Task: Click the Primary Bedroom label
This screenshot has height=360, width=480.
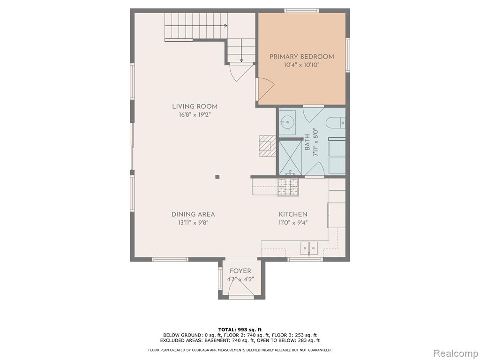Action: point(301,57)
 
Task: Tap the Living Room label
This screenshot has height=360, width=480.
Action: point(195,106)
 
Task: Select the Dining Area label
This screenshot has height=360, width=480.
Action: point(193,215)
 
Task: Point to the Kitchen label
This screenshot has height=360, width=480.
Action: point(293,215)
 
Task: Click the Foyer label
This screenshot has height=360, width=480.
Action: point(240,271)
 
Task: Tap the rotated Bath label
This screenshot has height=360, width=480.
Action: point(307,142)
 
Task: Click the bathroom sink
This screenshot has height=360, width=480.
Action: point(287,123)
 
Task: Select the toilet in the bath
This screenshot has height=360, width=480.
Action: point(336,123)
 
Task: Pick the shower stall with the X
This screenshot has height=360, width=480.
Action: point(291,157)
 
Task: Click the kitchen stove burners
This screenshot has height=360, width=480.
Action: point(288,187)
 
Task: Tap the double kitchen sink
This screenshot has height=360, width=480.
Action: point(309,248)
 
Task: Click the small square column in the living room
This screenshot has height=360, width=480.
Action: point(217,177)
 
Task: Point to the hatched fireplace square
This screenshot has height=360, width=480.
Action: point(267,146)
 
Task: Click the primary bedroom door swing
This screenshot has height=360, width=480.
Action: point(266,89)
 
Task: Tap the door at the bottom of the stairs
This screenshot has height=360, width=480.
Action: point(241,72)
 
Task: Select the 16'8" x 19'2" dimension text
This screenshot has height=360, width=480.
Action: point(195,115)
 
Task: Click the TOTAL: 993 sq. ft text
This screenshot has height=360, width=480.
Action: point(240,330)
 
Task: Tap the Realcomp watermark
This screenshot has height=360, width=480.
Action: point(456,353)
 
